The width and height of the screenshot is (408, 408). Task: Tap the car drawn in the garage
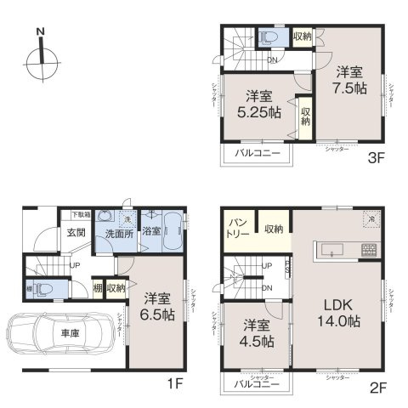tap(60, 335)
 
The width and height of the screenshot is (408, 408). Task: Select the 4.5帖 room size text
tap(256, 332)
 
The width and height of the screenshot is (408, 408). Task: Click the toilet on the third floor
tap(269, 37)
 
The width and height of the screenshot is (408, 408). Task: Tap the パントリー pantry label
tap(237, 228)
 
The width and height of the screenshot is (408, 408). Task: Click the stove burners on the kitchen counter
tap(370, 250)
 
